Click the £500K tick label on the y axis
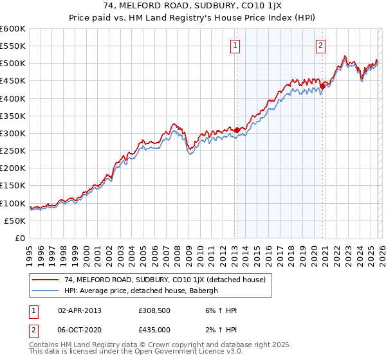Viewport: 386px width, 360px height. pos(13,64)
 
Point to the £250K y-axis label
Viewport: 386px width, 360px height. pos(13,151)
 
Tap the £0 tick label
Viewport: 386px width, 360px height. pos(20,238)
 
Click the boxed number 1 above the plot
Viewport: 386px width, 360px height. pos(235,46)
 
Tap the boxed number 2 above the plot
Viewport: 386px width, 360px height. pos(320,46)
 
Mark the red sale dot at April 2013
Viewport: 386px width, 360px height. pos(237,130)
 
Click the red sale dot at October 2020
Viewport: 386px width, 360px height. pos(322,86)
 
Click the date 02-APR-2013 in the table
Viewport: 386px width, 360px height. pos(79,310)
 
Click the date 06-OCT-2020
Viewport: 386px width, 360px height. pos(79,330)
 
